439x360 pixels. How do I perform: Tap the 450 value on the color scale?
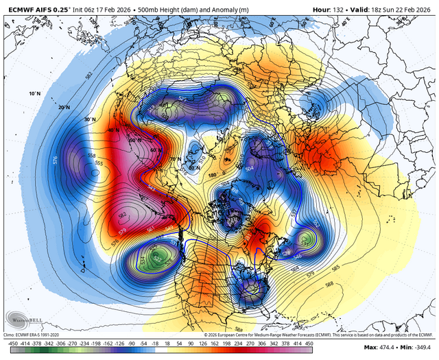(309, 344)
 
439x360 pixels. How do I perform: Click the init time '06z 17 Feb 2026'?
(121, 5)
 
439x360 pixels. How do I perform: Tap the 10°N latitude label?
(35, 93)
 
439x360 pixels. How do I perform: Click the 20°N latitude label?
(64, 108)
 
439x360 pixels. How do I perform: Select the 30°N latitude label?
(88, 119)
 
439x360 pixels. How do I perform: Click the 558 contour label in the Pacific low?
(91, 157)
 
